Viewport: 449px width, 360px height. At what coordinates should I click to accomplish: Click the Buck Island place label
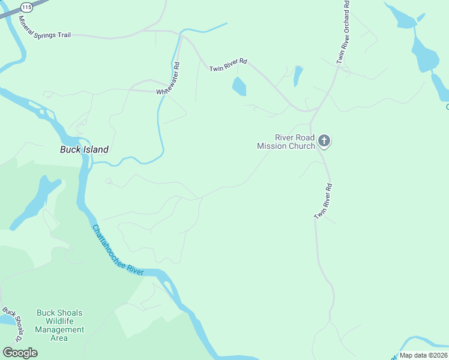coord(84,149)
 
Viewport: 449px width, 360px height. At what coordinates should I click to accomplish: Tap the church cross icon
coord(324,141)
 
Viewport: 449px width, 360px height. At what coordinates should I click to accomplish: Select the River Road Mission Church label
coord(286,142)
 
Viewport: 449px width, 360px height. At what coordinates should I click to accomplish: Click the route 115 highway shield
coord(26,7)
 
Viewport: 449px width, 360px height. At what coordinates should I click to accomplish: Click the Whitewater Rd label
coord(168,79)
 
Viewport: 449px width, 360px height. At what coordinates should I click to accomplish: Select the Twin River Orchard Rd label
coord(342,31)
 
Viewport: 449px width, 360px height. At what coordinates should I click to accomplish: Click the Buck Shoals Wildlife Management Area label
coord(59,325)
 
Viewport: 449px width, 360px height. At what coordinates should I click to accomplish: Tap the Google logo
coord(20,353)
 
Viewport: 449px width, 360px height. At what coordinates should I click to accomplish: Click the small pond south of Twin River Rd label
coord(239,87)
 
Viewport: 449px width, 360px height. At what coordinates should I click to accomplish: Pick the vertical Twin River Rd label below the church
coord(324,201)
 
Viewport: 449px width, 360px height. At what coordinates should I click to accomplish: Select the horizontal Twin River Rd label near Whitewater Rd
coord(228,65)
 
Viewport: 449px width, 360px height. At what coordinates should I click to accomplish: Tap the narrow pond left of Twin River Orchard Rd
coord(298,75)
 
